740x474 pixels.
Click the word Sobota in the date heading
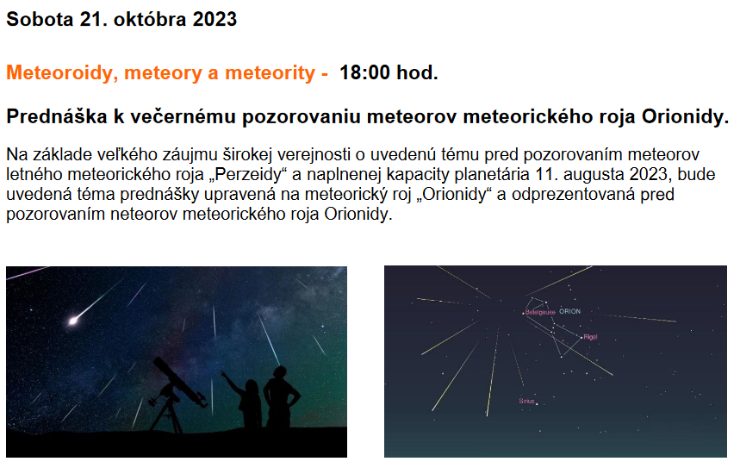click(x=40, y=19)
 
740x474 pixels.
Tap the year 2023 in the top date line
click(x=215, y=19)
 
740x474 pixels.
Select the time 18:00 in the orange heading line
click(x=364, y=72)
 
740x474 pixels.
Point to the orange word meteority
click(x=270, y=73)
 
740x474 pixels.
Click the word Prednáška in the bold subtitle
click(x=57, y=116)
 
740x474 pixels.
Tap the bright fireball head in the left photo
click(x=73, y=321)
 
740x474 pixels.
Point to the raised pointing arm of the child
click(x=233, y=380)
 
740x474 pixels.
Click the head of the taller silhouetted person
click(x=280, y=373)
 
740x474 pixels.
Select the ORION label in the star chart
click(x=569, y=312)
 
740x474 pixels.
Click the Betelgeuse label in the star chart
click(x=540, y=313)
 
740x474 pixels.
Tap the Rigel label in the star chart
click(x=590, y=337)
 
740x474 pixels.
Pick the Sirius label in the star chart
click(x=526, y=401)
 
